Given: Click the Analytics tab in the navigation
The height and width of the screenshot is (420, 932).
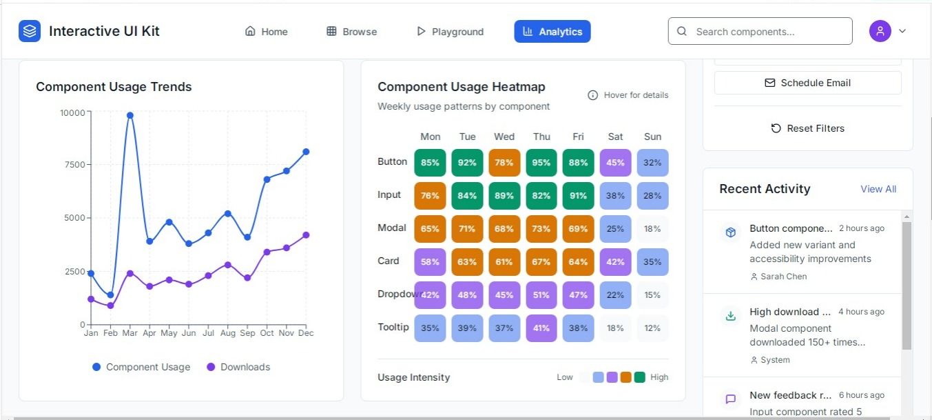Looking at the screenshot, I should coord(552,32).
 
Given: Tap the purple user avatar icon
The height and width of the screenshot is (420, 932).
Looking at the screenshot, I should coord(880,31).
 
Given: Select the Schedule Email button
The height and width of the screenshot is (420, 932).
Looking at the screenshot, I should coord(807,83).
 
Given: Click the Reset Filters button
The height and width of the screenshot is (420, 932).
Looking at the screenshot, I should coord(807,128).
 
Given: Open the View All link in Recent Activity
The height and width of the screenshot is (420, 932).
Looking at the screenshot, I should coord(878,189).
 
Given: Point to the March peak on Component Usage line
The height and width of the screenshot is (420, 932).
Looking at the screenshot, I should coord(130,115).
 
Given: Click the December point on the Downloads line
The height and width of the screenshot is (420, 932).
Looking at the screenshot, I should coord(306,235).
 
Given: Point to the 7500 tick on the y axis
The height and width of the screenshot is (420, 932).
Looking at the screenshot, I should coord(72,165).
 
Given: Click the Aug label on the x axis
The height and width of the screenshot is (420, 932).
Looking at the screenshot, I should coord(228,333).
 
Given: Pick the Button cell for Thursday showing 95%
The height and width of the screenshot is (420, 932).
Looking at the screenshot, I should coord(541,163).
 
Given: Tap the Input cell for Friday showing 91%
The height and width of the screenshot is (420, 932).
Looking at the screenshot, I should coord(578,196).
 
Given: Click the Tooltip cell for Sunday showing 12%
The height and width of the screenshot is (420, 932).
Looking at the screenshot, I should coord(652,328).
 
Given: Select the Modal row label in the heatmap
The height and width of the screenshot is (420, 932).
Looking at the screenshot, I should coord(392,228).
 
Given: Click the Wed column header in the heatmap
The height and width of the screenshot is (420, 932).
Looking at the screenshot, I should coord(504,137).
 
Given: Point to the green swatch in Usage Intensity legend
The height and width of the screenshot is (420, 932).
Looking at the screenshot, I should coord(639,377).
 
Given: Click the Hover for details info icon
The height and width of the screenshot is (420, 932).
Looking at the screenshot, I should coord(592,95).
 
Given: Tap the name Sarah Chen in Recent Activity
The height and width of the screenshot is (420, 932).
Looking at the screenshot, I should coord(783,277).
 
